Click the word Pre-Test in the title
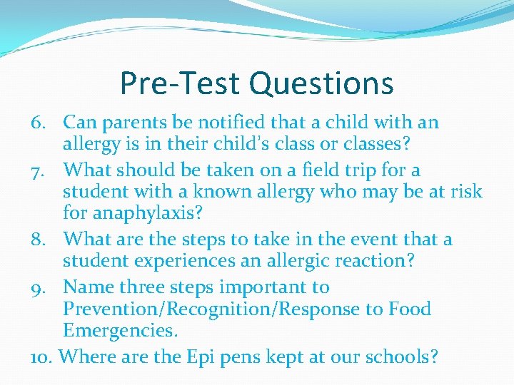tap(180, 83)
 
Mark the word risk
tap(467, 192)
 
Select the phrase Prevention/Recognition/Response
tap(214, 309)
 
